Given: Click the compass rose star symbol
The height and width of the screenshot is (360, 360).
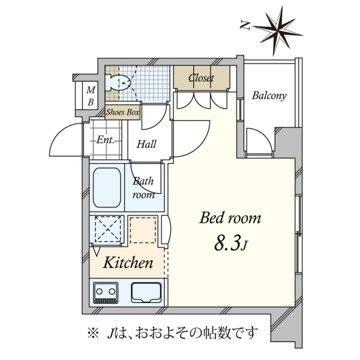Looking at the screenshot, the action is (277, 31).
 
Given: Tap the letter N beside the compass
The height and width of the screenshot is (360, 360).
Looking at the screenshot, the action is (245, 25).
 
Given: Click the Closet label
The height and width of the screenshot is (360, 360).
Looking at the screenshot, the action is (201, 78).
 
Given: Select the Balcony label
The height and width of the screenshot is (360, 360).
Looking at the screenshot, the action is (269, 95).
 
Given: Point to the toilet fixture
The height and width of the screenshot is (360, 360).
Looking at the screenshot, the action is (118, 82).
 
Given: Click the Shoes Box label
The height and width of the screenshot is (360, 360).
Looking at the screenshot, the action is (122, 112).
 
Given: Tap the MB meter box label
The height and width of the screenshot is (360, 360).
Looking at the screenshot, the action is (91, 96).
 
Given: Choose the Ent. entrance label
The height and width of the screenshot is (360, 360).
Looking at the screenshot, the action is (105, 140).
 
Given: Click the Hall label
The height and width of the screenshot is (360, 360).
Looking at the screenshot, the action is (146, 144).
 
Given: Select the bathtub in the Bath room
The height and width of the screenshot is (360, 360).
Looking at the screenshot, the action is (107, 188).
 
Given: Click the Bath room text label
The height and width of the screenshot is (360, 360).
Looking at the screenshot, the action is (143, 188).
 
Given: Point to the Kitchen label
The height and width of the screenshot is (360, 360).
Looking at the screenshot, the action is (128, 262).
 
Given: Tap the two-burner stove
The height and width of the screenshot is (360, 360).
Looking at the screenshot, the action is (106, 293).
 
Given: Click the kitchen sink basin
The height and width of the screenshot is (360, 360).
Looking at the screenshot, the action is (146, 293).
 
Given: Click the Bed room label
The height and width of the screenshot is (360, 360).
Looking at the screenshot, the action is (230, 218).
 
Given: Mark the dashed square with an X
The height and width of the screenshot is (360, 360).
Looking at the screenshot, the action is (108, 229).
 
